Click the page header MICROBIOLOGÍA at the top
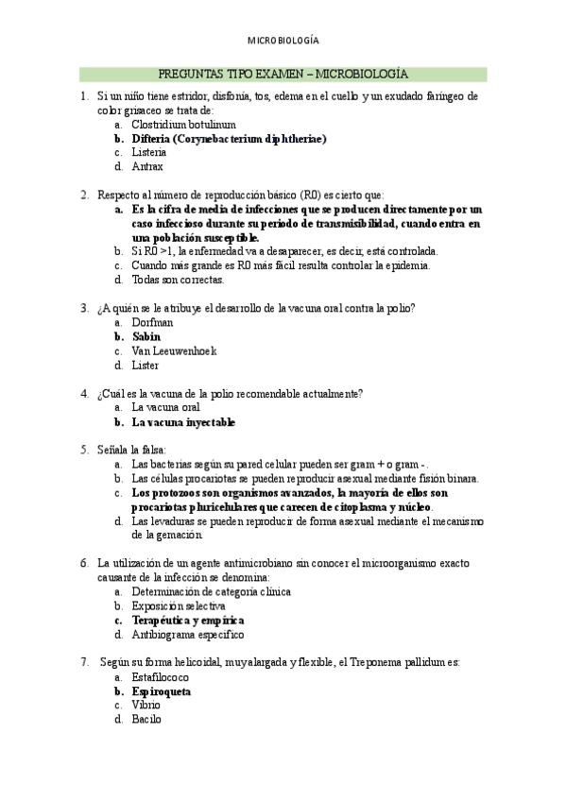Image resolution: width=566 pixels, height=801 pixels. coord(283,41)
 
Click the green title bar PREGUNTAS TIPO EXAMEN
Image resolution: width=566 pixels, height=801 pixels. coord(283,74)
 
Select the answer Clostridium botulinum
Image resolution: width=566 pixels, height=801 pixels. coord(183,124)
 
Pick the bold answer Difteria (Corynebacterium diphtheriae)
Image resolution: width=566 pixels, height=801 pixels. coord(229,138)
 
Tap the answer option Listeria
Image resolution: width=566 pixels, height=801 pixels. coord(149,152)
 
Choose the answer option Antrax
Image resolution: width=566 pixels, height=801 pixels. coord(147,166)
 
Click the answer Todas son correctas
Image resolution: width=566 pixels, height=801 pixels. coord(178,280)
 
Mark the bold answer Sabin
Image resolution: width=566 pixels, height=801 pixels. coord(146,336)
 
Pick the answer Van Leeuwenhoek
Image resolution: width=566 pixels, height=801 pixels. coord(174,350)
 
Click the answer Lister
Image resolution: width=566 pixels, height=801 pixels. coord(146,365)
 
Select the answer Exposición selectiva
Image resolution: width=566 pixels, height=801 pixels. coord(179,605)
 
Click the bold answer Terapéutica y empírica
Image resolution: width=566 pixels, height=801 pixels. coord(188,621)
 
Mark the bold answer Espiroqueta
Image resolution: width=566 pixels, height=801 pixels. coord(162,691)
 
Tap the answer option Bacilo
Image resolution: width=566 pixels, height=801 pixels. coord(146,720)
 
